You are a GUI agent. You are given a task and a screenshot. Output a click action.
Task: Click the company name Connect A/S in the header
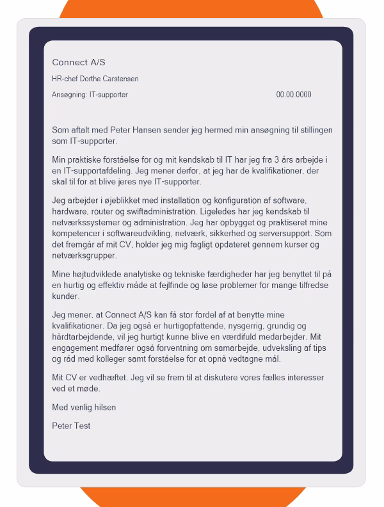point(78,62)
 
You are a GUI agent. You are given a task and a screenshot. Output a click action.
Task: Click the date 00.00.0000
point(294,95)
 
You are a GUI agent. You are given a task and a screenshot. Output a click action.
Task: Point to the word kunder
point(65,297)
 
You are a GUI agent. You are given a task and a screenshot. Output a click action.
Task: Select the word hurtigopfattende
point(161,326)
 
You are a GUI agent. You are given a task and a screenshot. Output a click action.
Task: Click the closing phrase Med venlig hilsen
point(84,407)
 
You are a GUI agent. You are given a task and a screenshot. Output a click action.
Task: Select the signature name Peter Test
point(71,425)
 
